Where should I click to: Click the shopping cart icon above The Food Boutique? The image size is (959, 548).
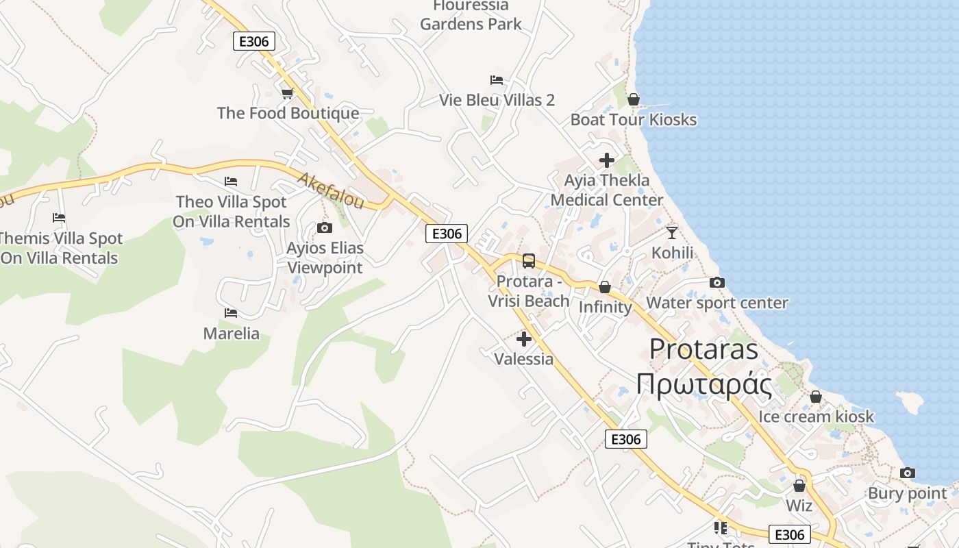[287, 93]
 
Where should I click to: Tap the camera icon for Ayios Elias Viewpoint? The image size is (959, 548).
[325, 227]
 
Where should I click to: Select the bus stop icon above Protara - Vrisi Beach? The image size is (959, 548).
[529, 261]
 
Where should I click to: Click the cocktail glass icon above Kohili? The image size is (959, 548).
[672, 232]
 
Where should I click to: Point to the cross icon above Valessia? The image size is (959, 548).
[524, 339]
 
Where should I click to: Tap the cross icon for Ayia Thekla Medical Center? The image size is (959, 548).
[607, 160]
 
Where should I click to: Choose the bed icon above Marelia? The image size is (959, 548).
[231, 313]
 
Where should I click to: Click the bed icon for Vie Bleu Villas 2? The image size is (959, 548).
[497, 80]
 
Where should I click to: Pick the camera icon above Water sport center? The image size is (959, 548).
[717, 282]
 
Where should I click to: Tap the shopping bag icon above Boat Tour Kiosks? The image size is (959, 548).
[634, 99]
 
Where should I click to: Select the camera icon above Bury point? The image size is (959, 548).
[908, 473]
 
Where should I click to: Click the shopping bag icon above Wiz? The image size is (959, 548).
[799, 486]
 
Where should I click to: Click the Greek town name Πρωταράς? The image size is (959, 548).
[704, 384]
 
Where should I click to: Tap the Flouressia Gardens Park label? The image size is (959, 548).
[471, 15]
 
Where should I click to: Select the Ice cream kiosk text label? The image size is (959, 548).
[816, 416]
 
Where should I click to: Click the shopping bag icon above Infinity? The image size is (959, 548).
[605, 287]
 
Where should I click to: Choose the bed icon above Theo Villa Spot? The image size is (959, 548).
[231, 182]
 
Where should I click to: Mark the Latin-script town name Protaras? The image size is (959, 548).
[703, 349]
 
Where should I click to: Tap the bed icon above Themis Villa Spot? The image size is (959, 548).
[59, 218]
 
